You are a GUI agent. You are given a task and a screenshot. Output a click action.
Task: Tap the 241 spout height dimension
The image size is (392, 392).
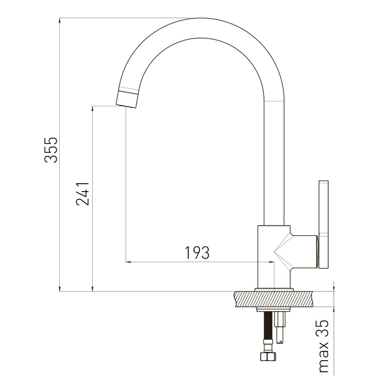point(83,194)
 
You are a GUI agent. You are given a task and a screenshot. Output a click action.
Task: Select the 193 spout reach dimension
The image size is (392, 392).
point(197,252)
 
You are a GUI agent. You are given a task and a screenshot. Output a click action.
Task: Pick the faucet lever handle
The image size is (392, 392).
point(323,225)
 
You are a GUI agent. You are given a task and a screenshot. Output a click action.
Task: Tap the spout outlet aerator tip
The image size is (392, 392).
point(127,99)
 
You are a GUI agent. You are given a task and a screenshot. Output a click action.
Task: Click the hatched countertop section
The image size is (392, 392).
point(274,299)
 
